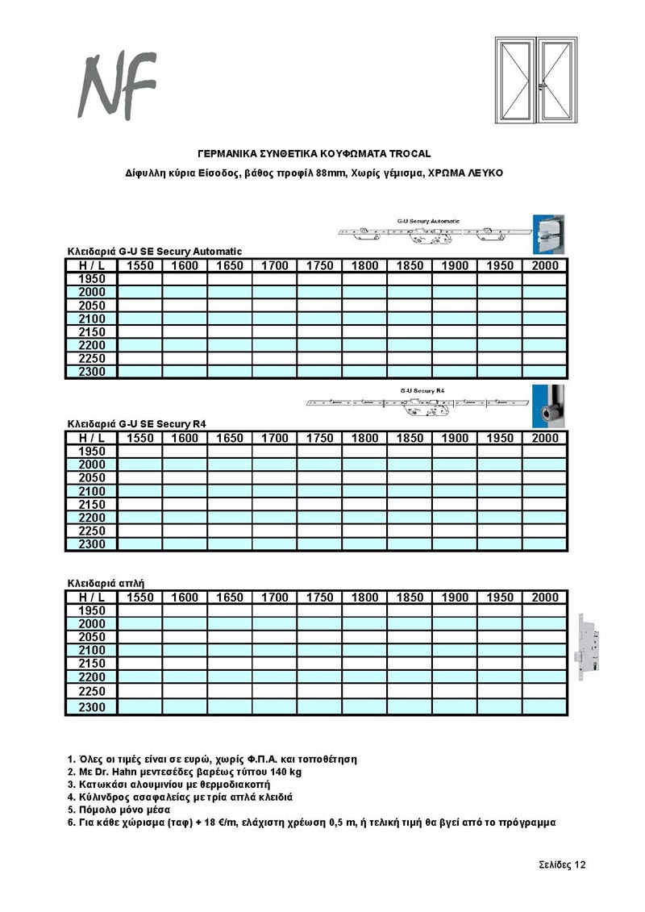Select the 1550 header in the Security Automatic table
140,266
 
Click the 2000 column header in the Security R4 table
545,439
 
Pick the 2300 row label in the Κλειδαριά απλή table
91,707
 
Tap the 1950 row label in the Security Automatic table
91,279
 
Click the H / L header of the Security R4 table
91,439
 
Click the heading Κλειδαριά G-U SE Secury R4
142,423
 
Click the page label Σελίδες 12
562,865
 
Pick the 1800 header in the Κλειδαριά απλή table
365,598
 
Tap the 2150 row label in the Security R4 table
91,505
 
